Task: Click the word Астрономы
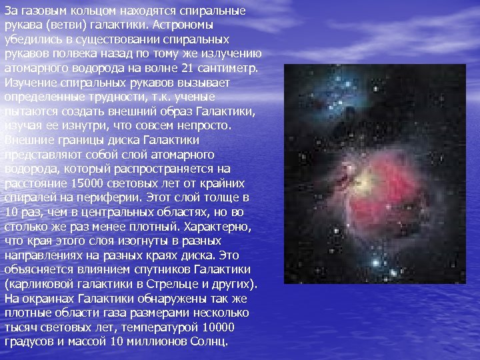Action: click(x=183, y=25)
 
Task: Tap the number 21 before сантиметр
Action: click(x=187, y=68)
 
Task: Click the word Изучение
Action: click(x=31, y=83)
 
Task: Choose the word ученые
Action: click(x=195, y=97)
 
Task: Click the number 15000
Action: click(x=87, y=183)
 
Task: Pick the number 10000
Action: click(x=218, y=327)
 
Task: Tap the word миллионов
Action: click(x=157, y=341)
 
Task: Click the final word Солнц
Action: click(x=209, y=342)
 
